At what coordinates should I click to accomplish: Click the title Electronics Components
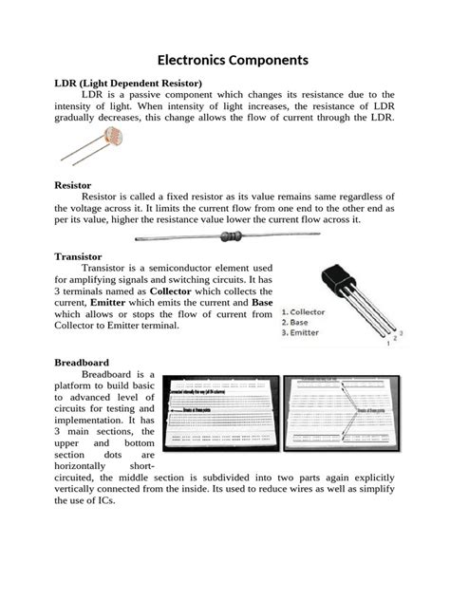[225, 60]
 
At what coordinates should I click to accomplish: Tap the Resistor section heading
[72, 185]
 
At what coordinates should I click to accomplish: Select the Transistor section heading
[79, 256]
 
